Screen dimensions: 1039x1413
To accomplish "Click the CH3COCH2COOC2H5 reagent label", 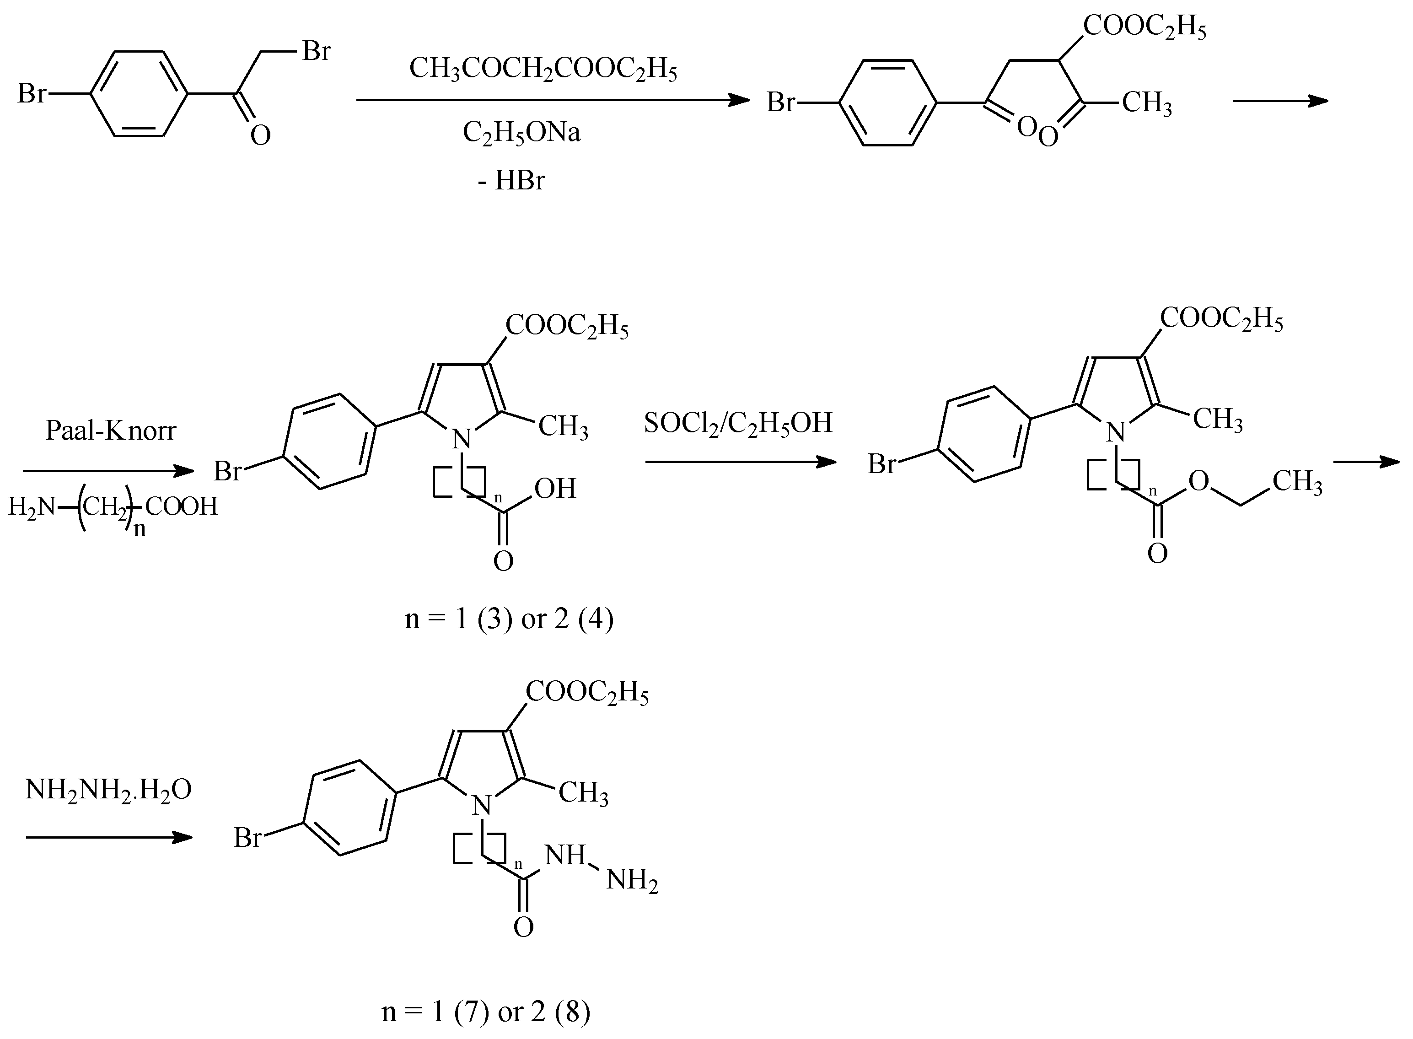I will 543,69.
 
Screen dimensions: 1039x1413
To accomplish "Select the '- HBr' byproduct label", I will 510,181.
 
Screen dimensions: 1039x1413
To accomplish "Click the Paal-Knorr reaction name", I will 111,431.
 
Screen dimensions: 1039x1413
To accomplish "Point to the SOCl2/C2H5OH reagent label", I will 738,423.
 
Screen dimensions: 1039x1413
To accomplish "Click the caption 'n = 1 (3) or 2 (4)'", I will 509,619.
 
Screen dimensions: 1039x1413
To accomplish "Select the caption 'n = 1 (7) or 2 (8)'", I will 485,1012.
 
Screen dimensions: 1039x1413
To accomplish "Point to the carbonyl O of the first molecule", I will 260,136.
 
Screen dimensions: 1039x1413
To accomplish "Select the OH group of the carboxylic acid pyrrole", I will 555,489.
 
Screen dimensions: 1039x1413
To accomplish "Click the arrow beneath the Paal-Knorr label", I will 108,470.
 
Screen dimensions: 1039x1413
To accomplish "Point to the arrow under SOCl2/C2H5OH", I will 740,462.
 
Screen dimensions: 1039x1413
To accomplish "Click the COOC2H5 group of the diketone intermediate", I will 1144,27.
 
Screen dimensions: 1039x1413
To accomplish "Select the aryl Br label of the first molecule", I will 32,94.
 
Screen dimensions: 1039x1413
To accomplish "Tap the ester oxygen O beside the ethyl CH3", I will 1198,482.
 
